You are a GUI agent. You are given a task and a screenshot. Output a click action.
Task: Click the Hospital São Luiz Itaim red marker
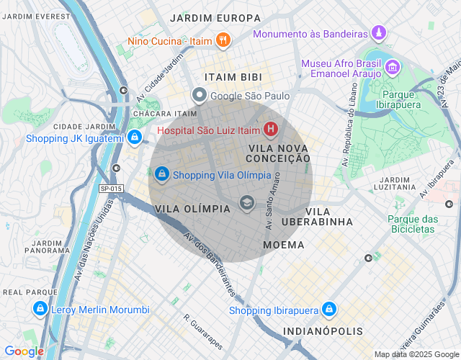270,130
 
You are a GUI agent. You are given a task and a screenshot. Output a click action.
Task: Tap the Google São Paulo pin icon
200,95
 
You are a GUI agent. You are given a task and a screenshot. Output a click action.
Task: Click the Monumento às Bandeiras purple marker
379,33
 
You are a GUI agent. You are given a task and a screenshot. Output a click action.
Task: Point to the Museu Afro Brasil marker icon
393,68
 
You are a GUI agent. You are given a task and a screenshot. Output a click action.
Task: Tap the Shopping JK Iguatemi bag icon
135,138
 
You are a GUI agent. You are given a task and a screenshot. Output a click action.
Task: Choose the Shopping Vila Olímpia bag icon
162,174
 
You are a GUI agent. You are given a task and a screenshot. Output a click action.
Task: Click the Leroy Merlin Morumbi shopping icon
40,310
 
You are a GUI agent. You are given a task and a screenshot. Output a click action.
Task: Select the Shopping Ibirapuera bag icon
329,310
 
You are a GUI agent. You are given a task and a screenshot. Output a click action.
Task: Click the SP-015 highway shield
111,189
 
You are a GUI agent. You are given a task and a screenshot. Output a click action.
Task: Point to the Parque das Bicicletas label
413,223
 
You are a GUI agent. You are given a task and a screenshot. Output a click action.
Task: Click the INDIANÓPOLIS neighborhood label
323,331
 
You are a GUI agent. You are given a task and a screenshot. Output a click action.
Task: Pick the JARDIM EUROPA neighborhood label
215,17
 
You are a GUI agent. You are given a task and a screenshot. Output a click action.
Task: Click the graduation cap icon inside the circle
246,204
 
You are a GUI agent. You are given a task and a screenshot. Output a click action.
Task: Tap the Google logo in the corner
24,351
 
